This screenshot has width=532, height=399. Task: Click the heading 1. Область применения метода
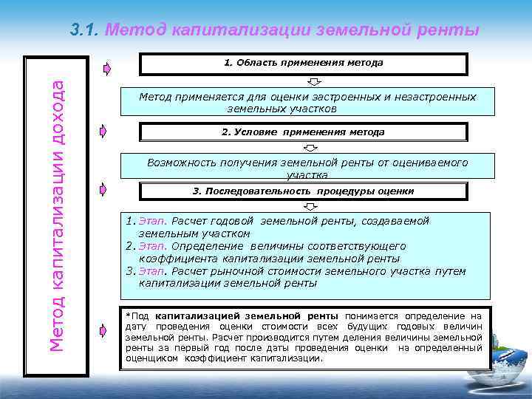[304, 63]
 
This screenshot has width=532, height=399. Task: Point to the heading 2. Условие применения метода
[304, 132]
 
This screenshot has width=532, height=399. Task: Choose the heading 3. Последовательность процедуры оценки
[304, 191]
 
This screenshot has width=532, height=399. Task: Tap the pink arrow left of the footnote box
[103, 329]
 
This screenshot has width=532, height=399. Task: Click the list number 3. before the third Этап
[130, 271]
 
